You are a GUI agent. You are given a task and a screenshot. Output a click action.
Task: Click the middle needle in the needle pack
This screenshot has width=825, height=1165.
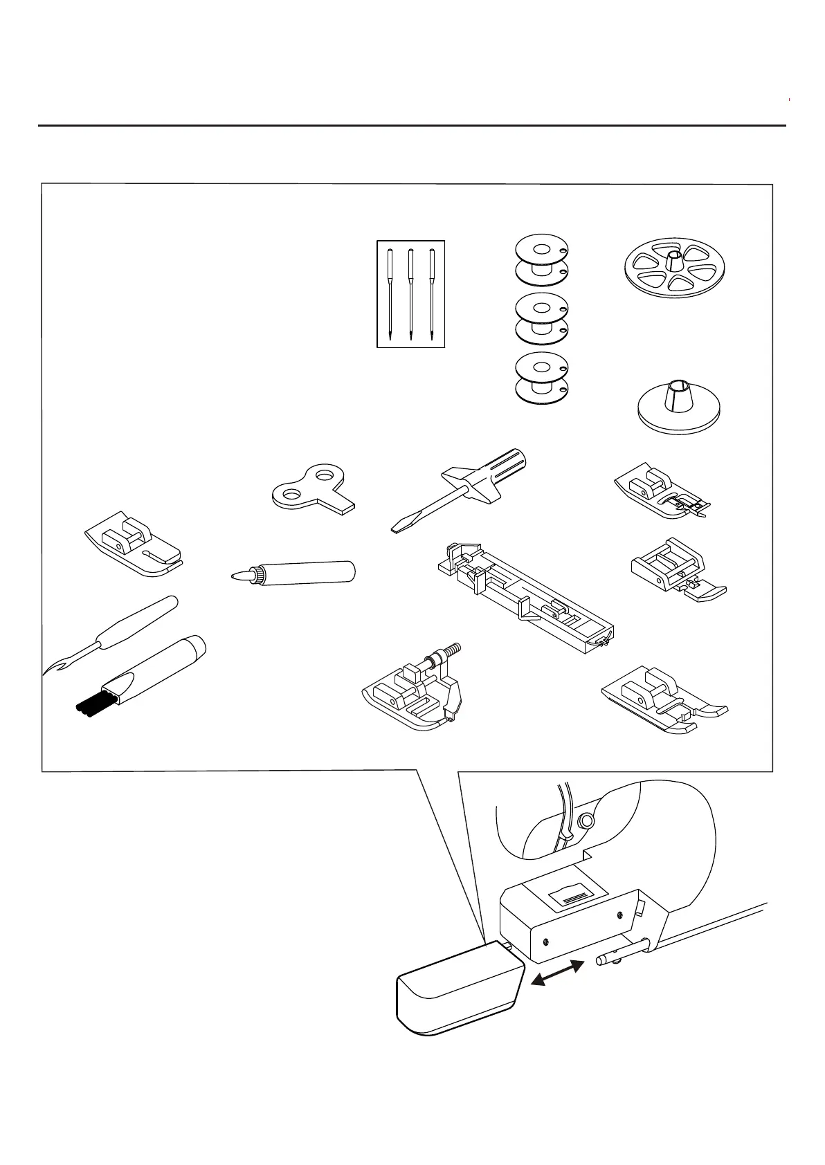(410, 293)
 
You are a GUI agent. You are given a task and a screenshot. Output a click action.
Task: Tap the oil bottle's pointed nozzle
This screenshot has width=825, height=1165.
(239, 575)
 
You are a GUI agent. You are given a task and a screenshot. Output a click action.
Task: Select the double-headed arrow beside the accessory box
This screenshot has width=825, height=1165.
(555, 976)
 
